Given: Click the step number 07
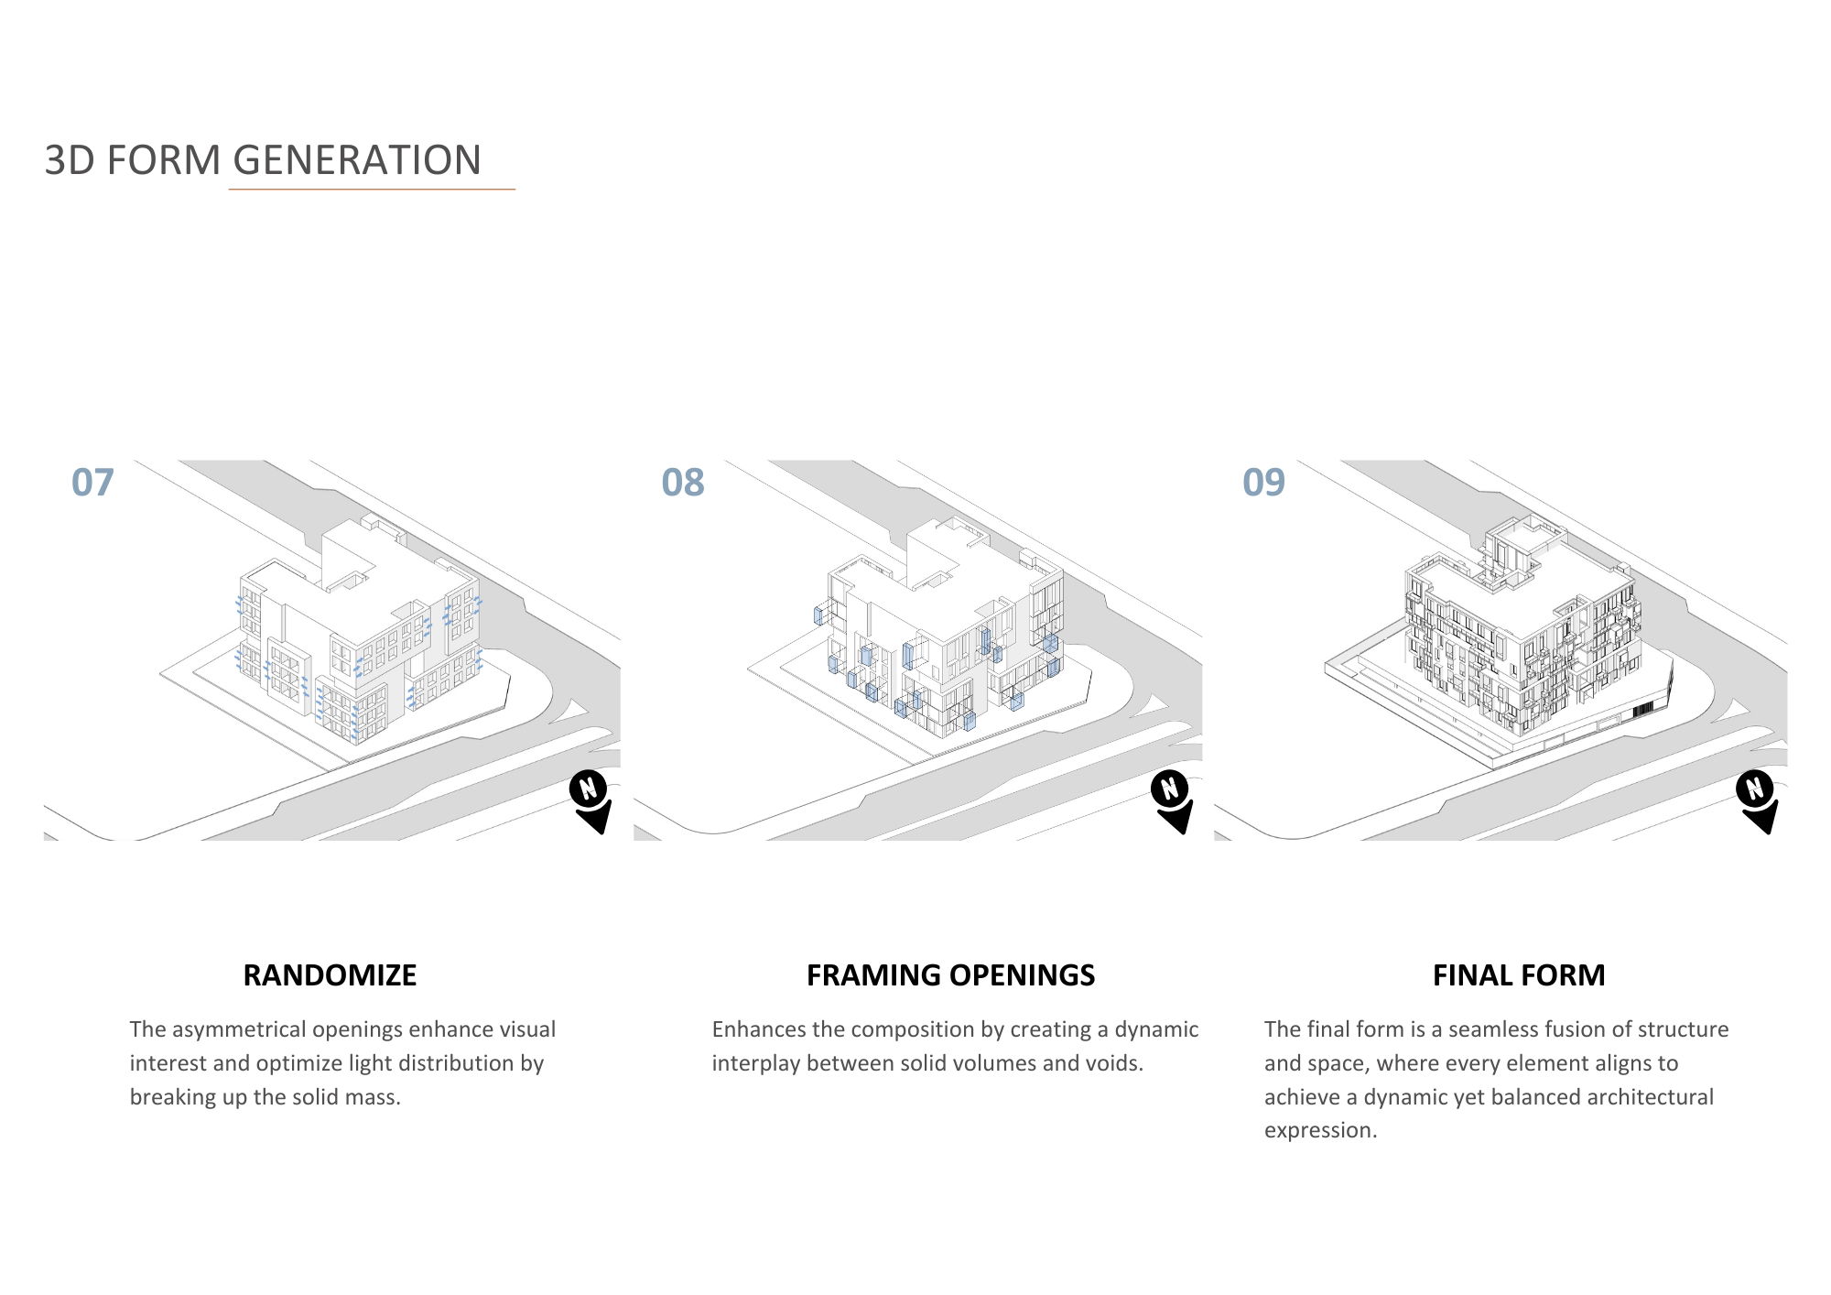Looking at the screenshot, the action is click(92, 483).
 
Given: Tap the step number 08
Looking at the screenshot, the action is click(683, 483).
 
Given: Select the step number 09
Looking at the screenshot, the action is click(1263, 483).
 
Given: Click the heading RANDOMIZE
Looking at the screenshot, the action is click(330, 975).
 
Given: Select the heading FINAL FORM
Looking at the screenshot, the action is click(1519, 975).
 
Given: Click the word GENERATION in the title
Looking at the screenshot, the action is click(357, 160).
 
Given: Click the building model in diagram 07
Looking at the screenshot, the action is click(357, 641).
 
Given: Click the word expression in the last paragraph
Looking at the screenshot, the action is click(1318, 1130).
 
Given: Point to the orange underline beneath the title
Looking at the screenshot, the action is click(372, 190).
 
